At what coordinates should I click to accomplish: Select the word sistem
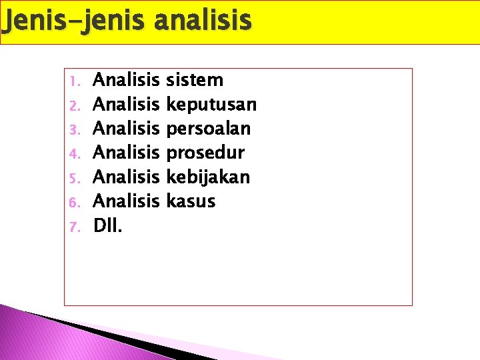click(195, 81)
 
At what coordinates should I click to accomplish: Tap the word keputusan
click(211, 105)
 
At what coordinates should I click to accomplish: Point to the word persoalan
click(209, 129)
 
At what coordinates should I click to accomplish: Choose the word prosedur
click(205, 153)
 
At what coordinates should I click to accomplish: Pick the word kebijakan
click(208, 177)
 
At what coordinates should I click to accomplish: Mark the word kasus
click(191, 201)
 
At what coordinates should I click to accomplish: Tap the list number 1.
click(74, 81)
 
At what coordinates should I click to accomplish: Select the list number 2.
click(74, 105)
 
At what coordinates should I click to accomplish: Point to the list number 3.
click(74, 129)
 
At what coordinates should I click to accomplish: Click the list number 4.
click(74, 153)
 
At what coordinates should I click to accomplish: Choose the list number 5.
click(74, 177)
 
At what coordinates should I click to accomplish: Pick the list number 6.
click(74, 201)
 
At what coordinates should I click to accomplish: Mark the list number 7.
click(74, 225)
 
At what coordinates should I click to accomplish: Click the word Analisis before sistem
click(127, 81)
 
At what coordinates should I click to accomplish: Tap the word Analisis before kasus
click(127, 201)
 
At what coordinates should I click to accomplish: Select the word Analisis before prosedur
click(127, 153)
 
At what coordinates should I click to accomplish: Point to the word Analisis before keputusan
click(127, 105)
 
